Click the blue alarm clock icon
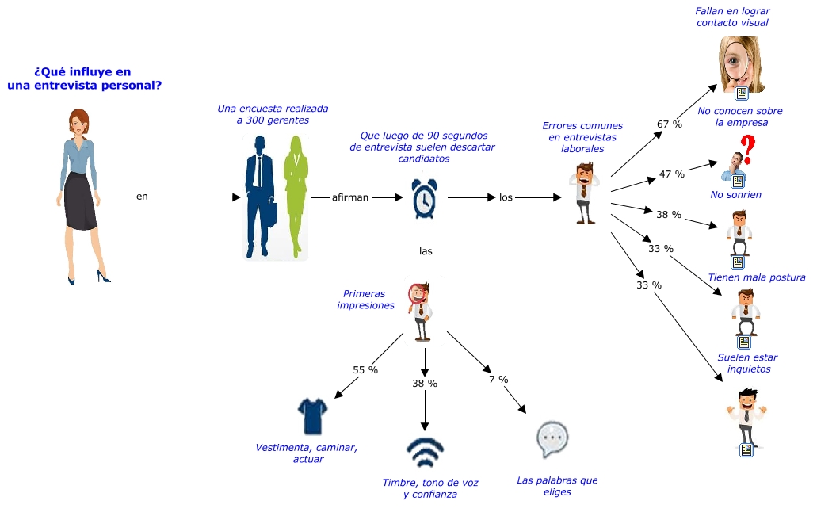coord(424,198)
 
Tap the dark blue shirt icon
coord(313,416)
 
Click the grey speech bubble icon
coord(552,439)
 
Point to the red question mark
coord(748,149)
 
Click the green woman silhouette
coord(296,197)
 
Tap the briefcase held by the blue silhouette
coord(272,212)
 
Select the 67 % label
coord(670,124)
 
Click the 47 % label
coord(672,174)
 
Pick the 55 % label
coord(365,370)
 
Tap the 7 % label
coord(498,380)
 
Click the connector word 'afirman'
coord(350,197)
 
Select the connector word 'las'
coord(426,251)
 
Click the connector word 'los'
coord(506,197)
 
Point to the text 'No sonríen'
coord(735,195)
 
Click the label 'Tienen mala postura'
coord(757,277)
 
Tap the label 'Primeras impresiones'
coord(365,300)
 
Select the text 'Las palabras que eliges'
coord(557,486)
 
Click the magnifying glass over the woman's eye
coord(735,62)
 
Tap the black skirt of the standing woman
coord(80,201)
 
